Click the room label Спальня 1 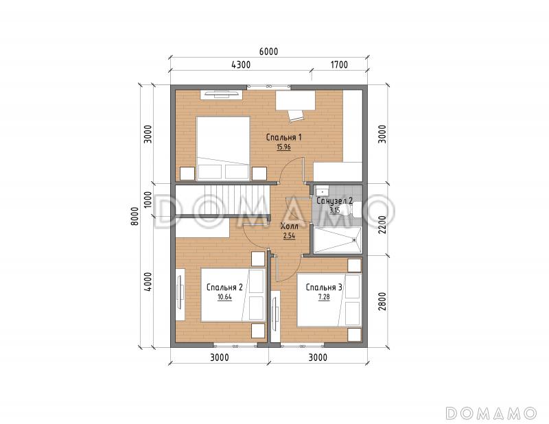(x=283, y=137)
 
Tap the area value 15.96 (x=283, y=148)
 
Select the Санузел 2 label (x=334, y=200)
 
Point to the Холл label (x=290, y=226)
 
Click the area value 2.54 (x=289, y=236)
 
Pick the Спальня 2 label (x=224, y=287)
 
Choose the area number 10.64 (x=224, y=298)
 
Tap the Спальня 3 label (x=324, y=287)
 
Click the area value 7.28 (x=324, y=298)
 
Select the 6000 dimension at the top (x=269, y=51)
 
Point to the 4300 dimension (x=241, y=64)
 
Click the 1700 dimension (x=339, y=64)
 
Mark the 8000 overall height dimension (x=136, y=216)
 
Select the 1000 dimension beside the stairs (x=148, y=200)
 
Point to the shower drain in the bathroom (x=354, y=240)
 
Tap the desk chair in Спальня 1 (x=295, y=115)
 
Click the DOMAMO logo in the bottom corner (x=491, y=413)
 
